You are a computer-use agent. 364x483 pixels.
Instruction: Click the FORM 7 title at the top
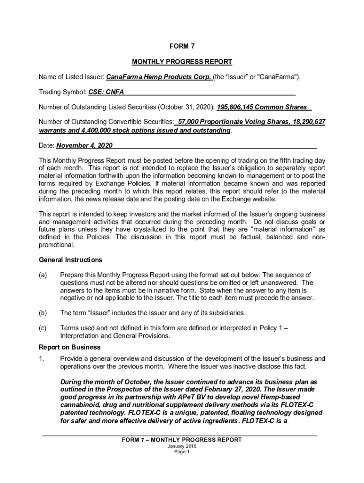click(182, 46)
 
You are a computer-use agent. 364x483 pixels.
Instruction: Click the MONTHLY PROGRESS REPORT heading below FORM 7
click(182, 62)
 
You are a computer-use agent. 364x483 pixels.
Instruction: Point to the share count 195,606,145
click(238, 107)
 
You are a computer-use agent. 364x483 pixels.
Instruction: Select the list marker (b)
click(43, 313)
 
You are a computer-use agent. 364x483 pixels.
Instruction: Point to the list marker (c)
click(43, 328)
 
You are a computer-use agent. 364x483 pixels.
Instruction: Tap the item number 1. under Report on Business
click(42, 359)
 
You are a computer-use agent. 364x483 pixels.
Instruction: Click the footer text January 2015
click(182, 446)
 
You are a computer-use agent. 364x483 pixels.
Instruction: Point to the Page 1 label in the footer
click(182, 452)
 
